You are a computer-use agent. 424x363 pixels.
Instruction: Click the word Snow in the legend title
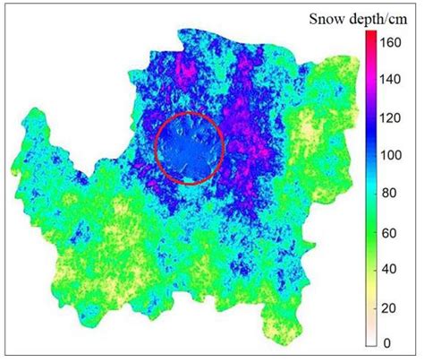[328, 18]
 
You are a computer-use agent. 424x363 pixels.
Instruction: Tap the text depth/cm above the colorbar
[377, 19]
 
